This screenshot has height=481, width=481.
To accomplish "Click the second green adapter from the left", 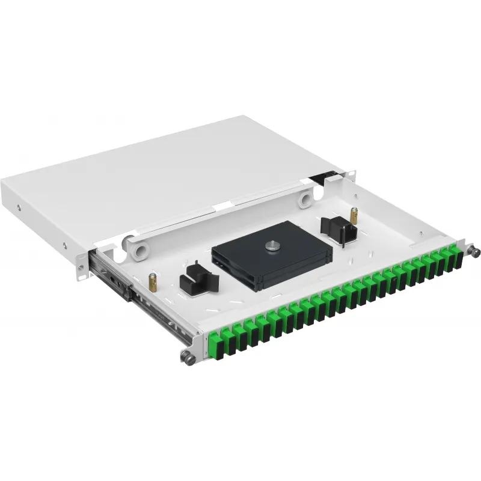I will [228, 337].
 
